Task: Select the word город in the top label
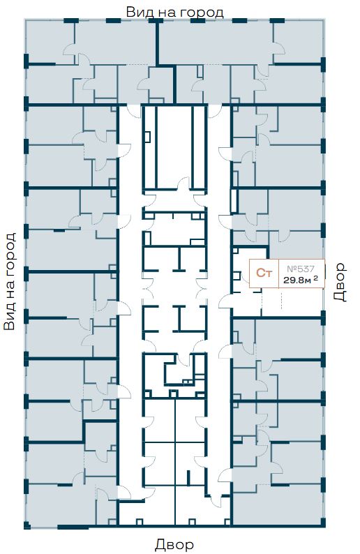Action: click(x=202, y=13)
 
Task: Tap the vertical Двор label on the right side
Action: click(x=340, y=282)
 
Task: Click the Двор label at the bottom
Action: click(x=174, y=544)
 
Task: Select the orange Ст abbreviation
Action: click(x=264, y=273)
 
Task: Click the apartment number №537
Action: click(x=300, y=269)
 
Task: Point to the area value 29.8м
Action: click(x=297, y=280)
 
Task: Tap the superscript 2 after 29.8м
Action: click(x=315, y=278)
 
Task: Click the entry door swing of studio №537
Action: click(x=225, y=302)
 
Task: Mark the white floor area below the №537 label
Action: click(x=292, y=302)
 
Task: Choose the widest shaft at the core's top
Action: click(x=174, y=147)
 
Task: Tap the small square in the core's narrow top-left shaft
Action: click(x=148, y=137)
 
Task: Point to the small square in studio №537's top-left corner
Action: click(x=235, y=250)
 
